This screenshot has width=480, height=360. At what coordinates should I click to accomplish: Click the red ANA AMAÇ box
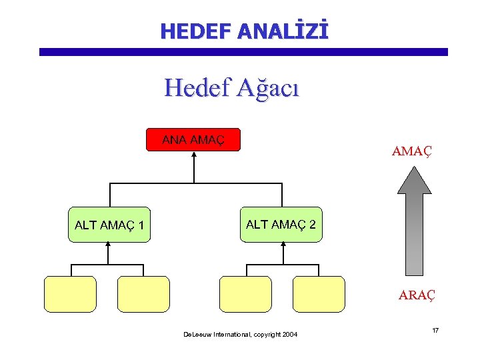(193, 140)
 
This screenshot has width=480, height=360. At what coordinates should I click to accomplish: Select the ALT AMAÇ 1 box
(110, 225)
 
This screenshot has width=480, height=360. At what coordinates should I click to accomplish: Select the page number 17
(434, 331)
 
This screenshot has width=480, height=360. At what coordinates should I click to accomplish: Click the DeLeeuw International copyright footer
(241, 334)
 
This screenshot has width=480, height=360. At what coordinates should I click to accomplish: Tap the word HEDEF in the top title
(193, 31)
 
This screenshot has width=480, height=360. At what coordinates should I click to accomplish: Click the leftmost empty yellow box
(70, 294)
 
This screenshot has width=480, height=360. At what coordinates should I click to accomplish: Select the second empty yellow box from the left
(143, 294)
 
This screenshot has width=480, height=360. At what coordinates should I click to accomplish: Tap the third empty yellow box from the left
(245, 294)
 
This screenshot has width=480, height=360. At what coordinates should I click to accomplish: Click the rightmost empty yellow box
(319, 294)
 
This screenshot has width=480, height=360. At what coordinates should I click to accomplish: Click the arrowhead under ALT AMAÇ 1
(108, 245)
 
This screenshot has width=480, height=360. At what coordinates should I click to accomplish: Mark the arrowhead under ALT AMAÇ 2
(283, 244)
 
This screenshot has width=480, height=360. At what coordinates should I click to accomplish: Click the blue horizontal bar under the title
(243, 51)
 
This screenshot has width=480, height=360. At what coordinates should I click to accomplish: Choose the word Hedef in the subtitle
(197, 87)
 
